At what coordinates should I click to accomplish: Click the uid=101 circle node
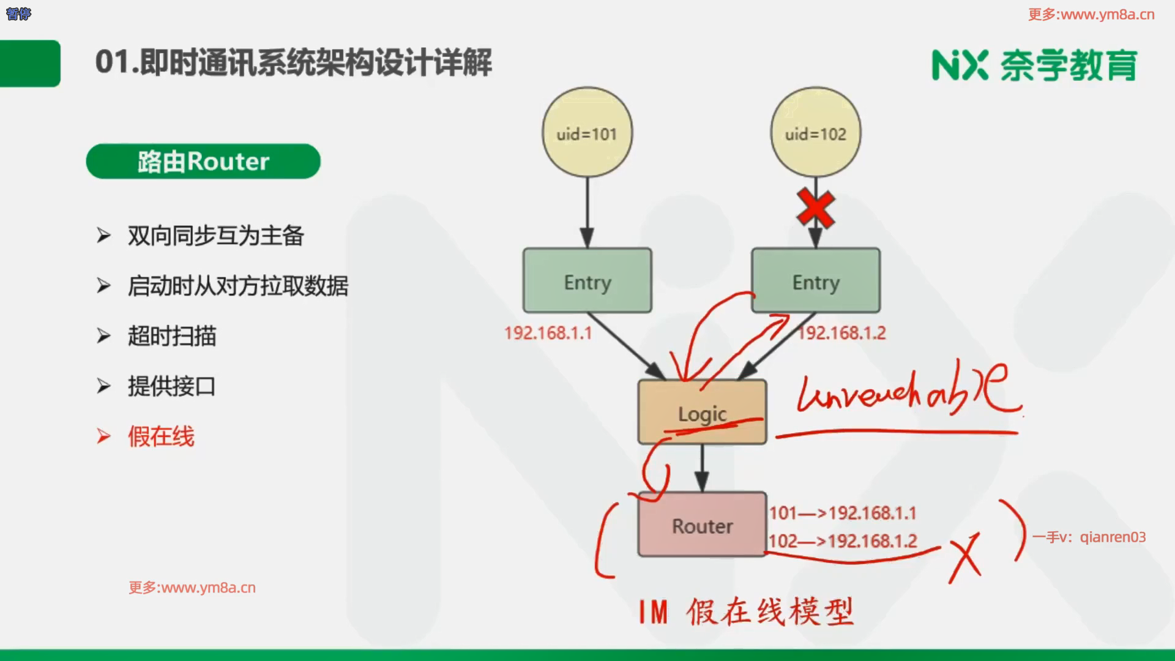[587, 133]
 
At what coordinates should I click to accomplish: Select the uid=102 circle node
[815, 133]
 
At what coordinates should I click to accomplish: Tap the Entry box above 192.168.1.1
[587, 281]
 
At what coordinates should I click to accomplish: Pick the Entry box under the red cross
[815, 281]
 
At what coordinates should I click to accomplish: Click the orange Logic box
[701, 411]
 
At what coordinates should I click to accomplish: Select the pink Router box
[701, 525]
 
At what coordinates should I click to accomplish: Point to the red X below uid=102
[816, 209]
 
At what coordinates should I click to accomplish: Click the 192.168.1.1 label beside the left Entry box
[548, 333]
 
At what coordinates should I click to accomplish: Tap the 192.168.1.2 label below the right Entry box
[842, 333]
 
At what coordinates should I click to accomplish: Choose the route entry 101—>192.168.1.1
[842, 513]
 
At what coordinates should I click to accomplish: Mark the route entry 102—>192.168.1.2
[842, 541]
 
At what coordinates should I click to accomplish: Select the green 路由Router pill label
[203, 162]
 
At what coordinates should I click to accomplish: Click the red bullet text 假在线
[161, 436]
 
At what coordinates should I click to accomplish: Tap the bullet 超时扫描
[172, 336]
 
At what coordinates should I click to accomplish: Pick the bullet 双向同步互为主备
[215, 236]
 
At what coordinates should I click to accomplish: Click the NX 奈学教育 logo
[1034, 65]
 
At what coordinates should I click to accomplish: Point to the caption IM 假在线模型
[745, 611]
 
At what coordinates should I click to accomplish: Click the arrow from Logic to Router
[702, 468]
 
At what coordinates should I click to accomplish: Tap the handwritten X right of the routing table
[965, 557]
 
